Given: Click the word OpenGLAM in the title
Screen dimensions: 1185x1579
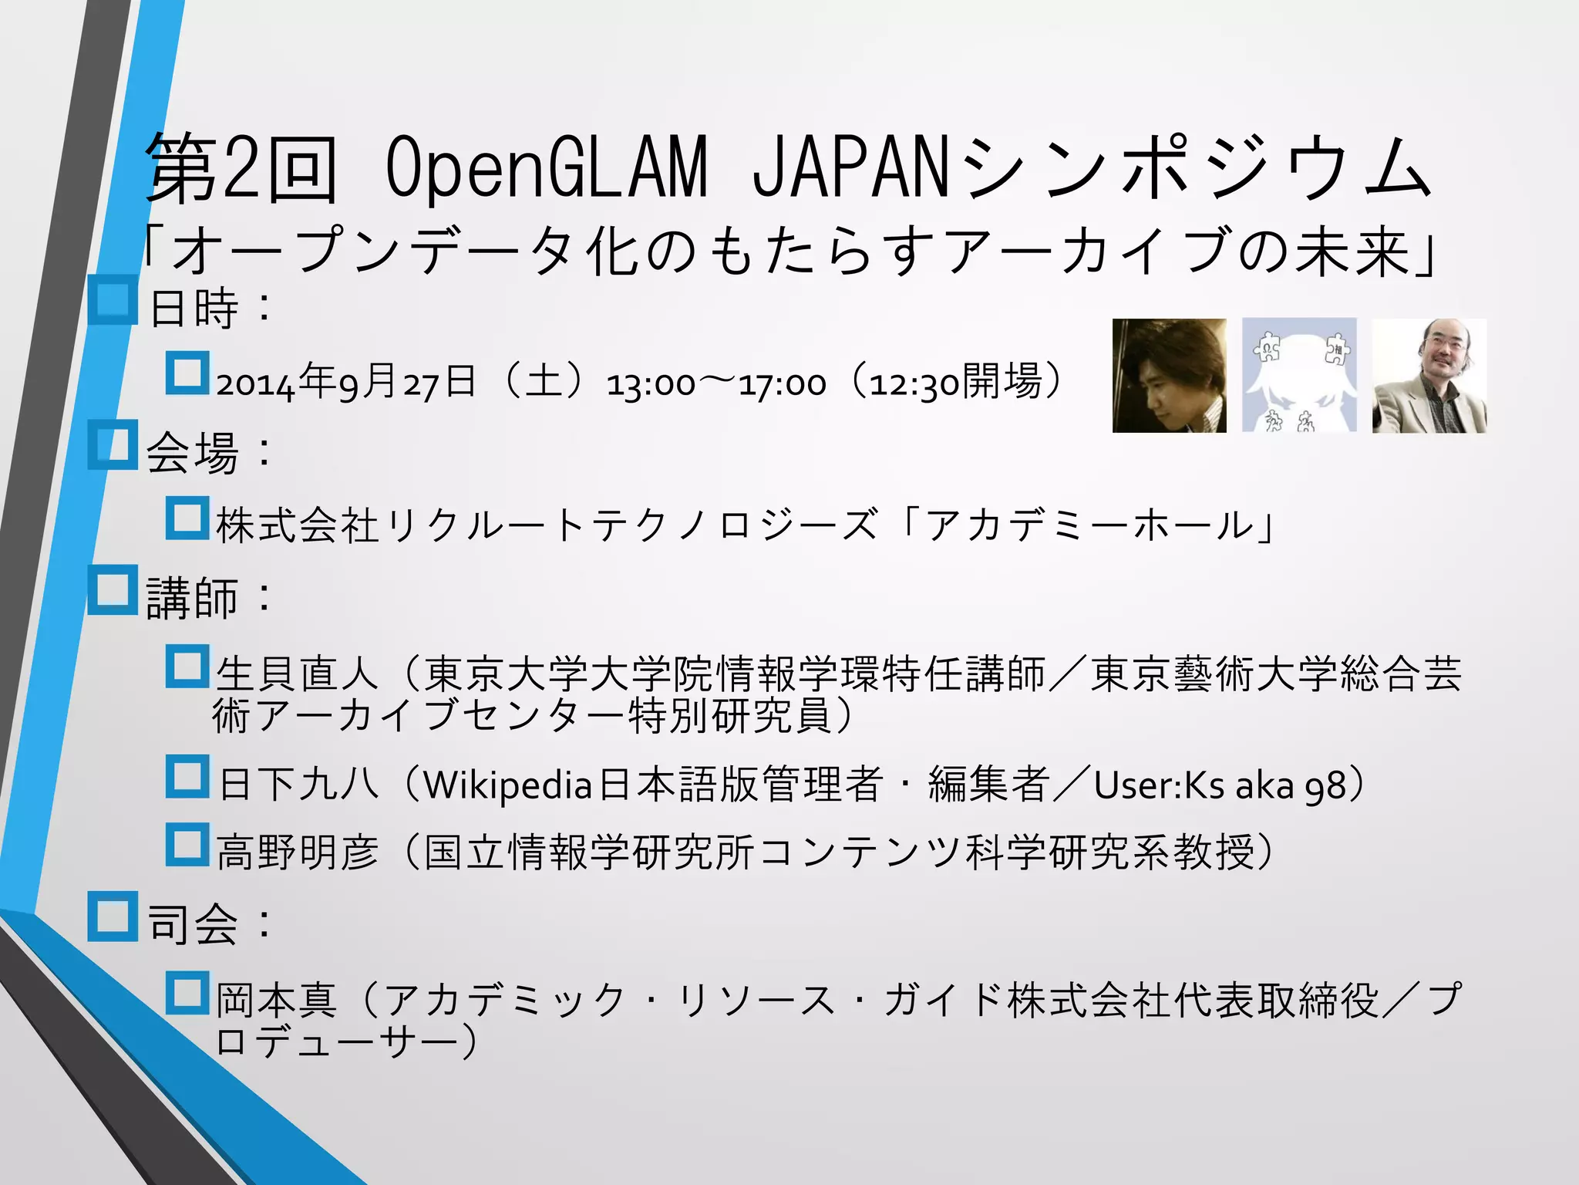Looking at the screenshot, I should coord(546,167).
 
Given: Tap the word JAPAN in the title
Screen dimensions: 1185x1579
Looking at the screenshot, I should coord(849,167).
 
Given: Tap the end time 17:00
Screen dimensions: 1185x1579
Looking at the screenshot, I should coord(783,384).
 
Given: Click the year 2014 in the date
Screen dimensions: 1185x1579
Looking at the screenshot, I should coord(255,384).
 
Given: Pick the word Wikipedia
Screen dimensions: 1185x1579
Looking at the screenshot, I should coord(508,785).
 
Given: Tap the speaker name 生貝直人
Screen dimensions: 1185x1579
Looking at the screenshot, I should coord(297,674).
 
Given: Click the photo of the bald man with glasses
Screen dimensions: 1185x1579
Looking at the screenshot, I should coord(1429,376).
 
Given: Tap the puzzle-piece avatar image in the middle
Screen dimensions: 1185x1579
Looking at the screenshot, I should coord(1299,376).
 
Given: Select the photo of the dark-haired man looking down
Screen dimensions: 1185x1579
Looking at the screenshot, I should coord(1169,376).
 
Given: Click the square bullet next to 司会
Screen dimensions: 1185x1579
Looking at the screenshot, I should coord(113,917).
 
